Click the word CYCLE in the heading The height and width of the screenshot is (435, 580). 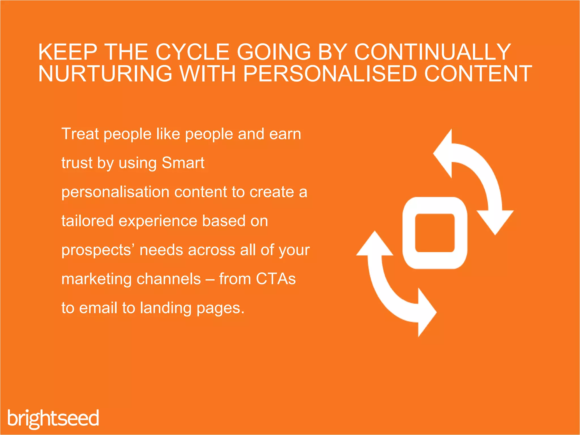(192, 52)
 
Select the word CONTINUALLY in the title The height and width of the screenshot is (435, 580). (432, 52)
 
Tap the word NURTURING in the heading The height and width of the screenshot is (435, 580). (105, 74)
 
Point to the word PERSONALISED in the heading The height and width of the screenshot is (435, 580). (330, 74)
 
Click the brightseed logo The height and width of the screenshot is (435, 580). (53, 418)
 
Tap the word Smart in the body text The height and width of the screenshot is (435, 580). (183, 163)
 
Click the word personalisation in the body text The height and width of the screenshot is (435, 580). (115, 192)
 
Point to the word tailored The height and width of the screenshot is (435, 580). (88, 221)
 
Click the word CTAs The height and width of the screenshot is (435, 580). (276, 279)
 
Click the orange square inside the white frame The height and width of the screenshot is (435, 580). (435, 233)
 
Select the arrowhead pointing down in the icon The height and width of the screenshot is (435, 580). (495, 222)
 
